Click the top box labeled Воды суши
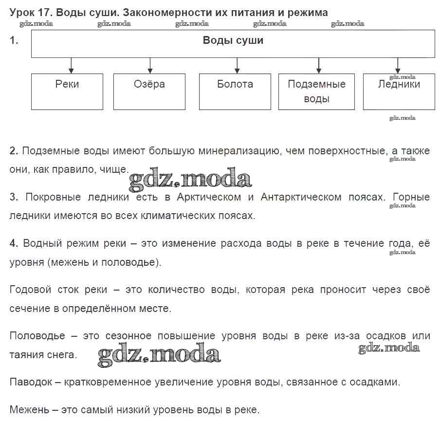233,44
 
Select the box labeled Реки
67,91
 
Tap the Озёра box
149,91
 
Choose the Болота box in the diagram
235,91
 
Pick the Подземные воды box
317,91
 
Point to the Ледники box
399,91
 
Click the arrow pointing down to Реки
72,65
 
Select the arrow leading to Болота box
237,65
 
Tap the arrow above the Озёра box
150,65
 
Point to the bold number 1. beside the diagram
14,41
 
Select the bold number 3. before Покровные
14,197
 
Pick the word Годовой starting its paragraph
30,290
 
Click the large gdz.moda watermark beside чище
190,179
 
